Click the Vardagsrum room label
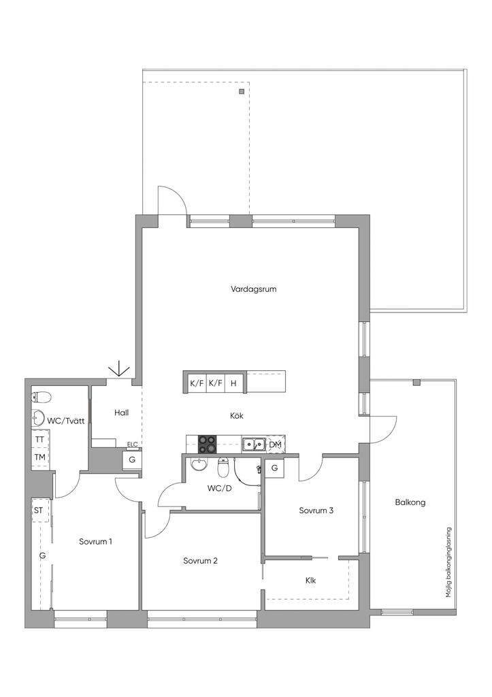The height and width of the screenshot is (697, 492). coord(253,289)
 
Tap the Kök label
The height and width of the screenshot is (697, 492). coord(236,416)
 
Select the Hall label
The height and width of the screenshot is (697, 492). coord(121,412)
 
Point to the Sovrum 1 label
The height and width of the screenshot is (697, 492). coord(95,541)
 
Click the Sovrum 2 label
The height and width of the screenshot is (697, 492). coord(201,561)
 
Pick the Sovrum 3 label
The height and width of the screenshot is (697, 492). coord(316,510)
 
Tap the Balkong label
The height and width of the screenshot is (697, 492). coord(410,503)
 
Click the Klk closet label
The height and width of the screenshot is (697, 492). coord(311,580)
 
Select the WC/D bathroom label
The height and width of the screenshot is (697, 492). coord(220,489)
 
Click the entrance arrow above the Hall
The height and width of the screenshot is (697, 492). coord(119,371)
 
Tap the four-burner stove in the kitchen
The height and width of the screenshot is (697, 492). coord(207,444)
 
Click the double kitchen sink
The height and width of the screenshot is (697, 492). coord(254,444)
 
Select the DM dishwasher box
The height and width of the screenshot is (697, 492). coord(276,444)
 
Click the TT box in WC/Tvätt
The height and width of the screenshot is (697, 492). coord(40,439)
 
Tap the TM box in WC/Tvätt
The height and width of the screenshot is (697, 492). coord(40,457)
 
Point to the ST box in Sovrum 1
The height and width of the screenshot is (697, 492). coord(39,510)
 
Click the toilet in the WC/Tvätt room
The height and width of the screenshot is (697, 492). coord(42,397)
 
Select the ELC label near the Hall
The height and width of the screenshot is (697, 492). coord(132,444)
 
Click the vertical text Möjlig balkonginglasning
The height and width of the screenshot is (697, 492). coord(449,562)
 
